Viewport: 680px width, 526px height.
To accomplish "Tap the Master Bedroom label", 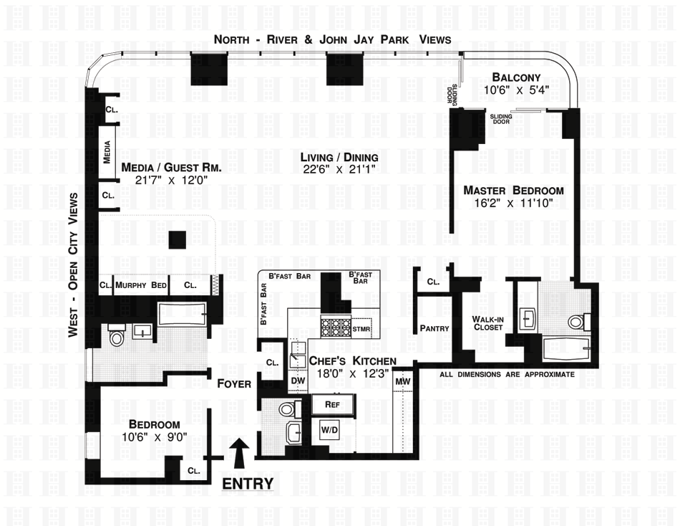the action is [513, 191].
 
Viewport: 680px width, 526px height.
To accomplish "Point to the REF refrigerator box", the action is [331, 404].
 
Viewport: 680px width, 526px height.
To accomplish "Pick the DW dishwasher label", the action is [298, 381].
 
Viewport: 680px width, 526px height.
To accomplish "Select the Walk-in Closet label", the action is [487, 322].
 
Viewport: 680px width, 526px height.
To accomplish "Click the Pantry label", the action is [435, 329].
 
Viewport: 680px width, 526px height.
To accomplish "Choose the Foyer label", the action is [235, 384].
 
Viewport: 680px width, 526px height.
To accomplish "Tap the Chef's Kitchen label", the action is [351, 362].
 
